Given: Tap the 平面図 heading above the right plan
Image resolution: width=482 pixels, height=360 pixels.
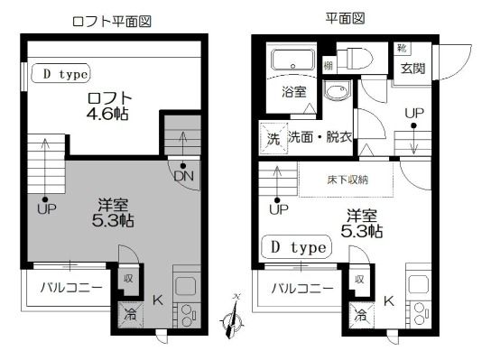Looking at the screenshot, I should [344, 18].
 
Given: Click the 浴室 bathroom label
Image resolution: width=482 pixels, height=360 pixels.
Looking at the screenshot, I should [292, 91].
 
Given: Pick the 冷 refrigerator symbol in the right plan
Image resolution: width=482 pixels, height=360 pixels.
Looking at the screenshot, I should [361, 315].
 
